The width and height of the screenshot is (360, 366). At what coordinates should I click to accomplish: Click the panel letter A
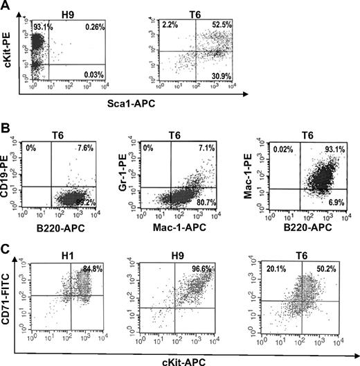(7, 7)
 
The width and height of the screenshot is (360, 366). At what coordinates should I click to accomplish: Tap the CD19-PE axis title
(9, 173)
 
